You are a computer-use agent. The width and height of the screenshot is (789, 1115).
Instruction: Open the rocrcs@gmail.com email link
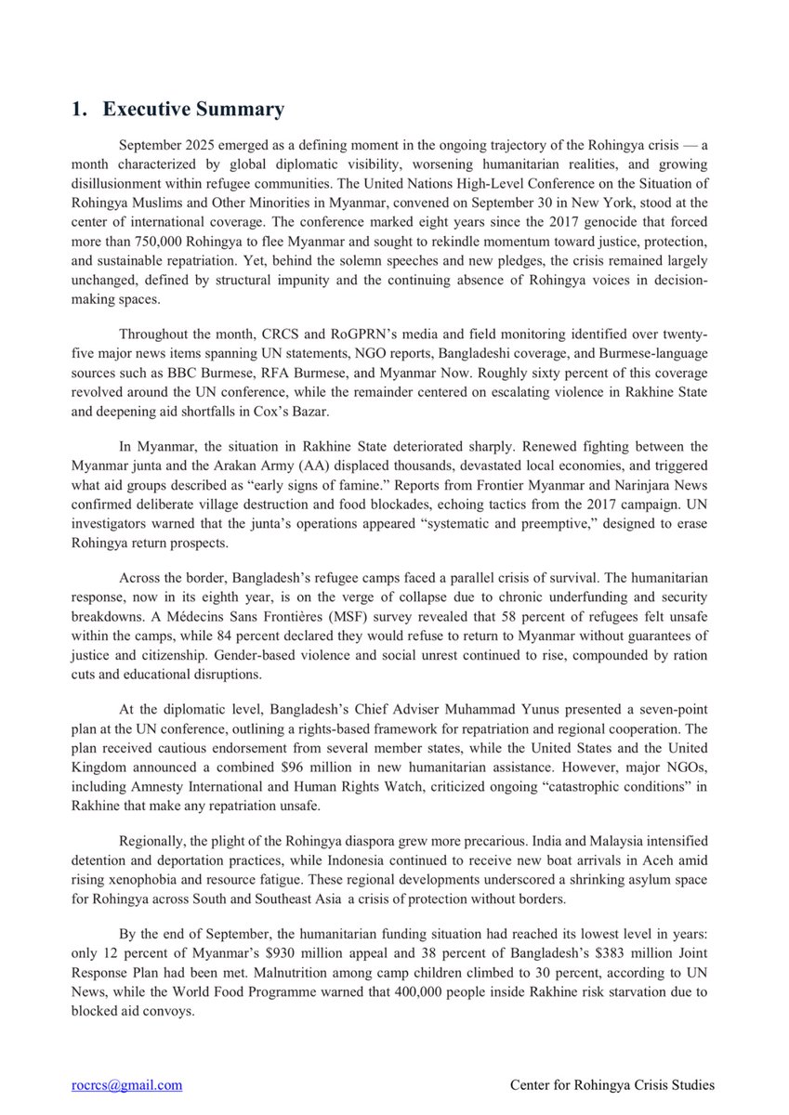point(126,1084)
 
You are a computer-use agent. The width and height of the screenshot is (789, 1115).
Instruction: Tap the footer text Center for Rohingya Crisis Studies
point(612,1084)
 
